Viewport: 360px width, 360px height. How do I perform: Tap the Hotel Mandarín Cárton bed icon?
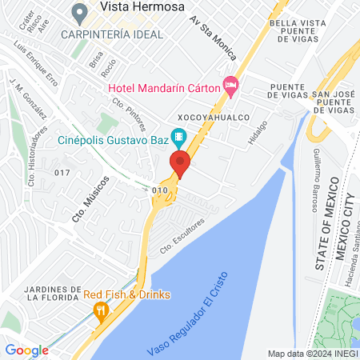[231, 84]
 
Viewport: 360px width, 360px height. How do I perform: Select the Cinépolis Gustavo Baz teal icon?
[180, 138]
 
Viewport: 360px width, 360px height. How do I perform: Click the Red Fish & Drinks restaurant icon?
[100, 310]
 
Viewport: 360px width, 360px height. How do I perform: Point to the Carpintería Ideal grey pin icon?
[79, 13]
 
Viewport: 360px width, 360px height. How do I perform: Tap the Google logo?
[26, 350]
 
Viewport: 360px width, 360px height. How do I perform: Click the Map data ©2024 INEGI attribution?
[312, 354]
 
